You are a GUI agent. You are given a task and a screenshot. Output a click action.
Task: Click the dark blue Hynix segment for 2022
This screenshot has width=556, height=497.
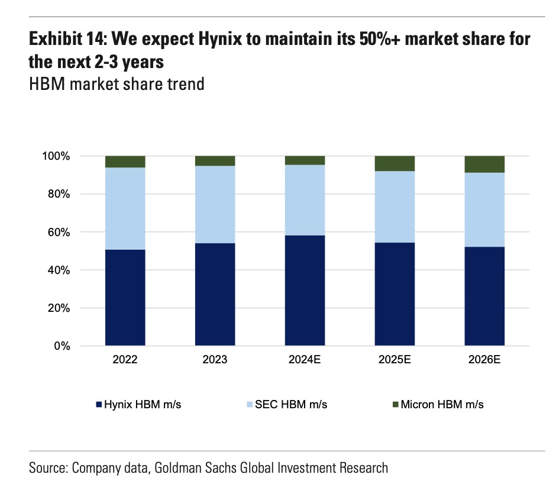(125, 298)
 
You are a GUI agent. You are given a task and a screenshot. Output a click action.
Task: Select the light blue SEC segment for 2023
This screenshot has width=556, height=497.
(215, 204)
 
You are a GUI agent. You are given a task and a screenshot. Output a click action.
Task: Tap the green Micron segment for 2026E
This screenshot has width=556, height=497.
(484, 164)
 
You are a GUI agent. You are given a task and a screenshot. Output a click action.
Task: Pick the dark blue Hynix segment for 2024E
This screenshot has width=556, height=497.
(305, 291)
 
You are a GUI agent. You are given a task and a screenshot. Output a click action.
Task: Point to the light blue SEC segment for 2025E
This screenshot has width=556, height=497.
(395, 206)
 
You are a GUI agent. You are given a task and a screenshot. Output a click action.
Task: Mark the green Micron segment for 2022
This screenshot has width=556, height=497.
(125, 162)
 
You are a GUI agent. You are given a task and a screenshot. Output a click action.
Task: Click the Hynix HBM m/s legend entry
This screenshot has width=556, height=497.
(142, 405)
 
